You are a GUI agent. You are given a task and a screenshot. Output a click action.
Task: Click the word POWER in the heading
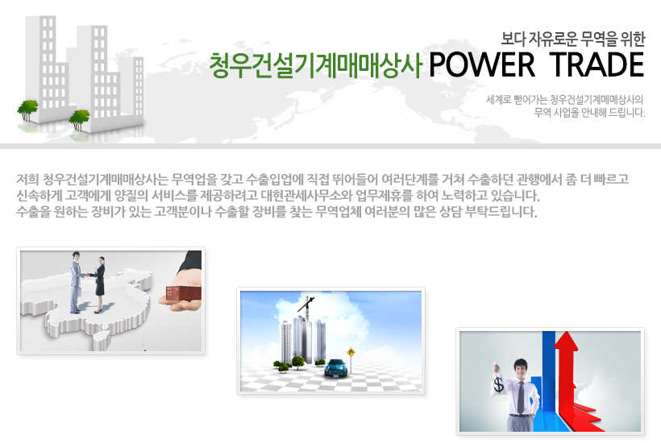tap(482, 65)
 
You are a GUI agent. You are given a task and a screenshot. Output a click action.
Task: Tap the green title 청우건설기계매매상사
tap(315, 66)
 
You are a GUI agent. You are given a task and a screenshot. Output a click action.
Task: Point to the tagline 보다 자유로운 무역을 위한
tap(573, 39)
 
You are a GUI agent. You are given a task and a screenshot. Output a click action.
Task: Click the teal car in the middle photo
tap(336, 367)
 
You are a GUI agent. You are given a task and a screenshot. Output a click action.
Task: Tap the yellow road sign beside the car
tap(351, 353)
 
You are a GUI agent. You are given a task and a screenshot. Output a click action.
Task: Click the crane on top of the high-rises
tap(306, 306)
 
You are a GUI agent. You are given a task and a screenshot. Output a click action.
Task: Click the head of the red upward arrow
tap(566, 340)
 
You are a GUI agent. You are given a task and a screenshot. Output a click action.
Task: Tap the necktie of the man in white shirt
tap(522, 398)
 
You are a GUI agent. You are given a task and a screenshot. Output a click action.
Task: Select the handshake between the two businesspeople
tap(89, 275)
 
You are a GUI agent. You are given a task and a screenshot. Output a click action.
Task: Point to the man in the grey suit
tap(76, 282)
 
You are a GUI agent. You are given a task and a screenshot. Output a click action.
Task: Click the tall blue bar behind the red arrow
tap(548, 379)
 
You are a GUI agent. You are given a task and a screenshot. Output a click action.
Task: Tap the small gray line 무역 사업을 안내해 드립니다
tap(589, 113)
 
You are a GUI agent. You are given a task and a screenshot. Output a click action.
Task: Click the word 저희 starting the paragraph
tap(27, 180)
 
